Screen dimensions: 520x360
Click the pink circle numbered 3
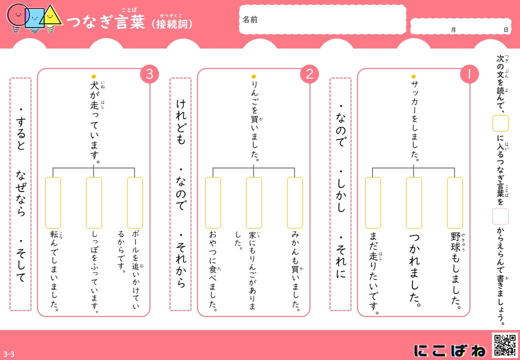click(149, 74)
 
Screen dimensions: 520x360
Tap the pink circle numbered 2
click(309, 74)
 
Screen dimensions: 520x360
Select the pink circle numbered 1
click(469, 74)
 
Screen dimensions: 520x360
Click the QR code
click(504, 345)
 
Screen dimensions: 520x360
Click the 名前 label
click(250, 20)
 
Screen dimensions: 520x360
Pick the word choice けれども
click(180, 122)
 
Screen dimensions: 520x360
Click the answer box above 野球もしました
click(454, 203)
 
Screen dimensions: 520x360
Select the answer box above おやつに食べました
click(213, 203)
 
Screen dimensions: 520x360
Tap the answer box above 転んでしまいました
click(53, 203)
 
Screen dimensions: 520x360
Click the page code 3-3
click(9, 354)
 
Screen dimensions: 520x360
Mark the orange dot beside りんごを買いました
click(253, 76)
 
